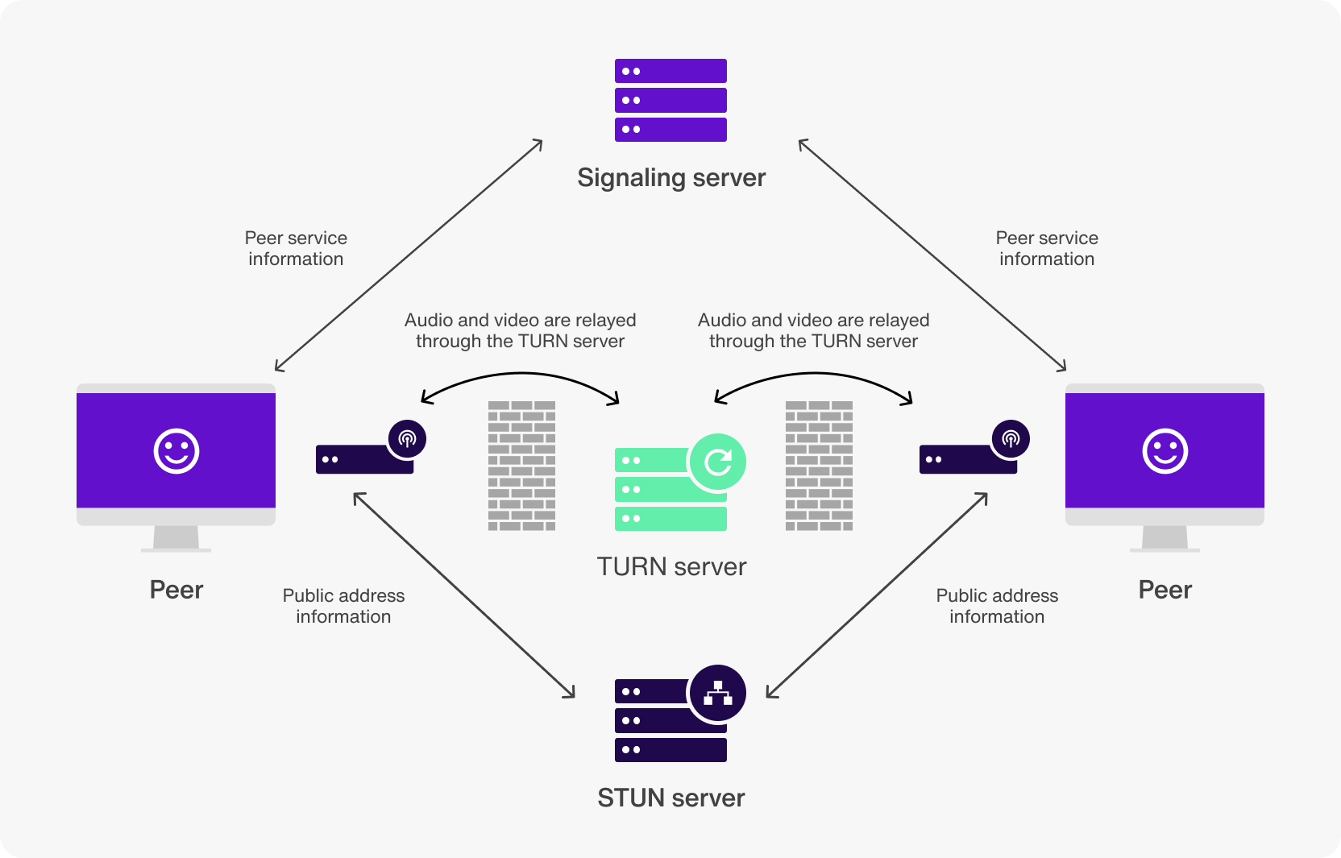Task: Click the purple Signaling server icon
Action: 670,100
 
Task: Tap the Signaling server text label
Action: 670,177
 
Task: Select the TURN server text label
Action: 670,566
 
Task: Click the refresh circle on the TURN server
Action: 717,462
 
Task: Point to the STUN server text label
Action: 670,798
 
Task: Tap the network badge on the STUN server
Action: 717,694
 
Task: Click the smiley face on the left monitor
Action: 176,450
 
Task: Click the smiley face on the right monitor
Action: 1165,450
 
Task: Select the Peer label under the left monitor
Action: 176,590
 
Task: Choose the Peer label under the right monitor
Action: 1165,590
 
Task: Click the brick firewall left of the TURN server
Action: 521,466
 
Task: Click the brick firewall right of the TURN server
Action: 819,466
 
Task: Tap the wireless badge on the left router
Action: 407,439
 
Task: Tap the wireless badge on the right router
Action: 1011,439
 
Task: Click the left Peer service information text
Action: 296,248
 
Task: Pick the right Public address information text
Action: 996,606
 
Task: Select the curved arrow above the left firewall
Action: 521,374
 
